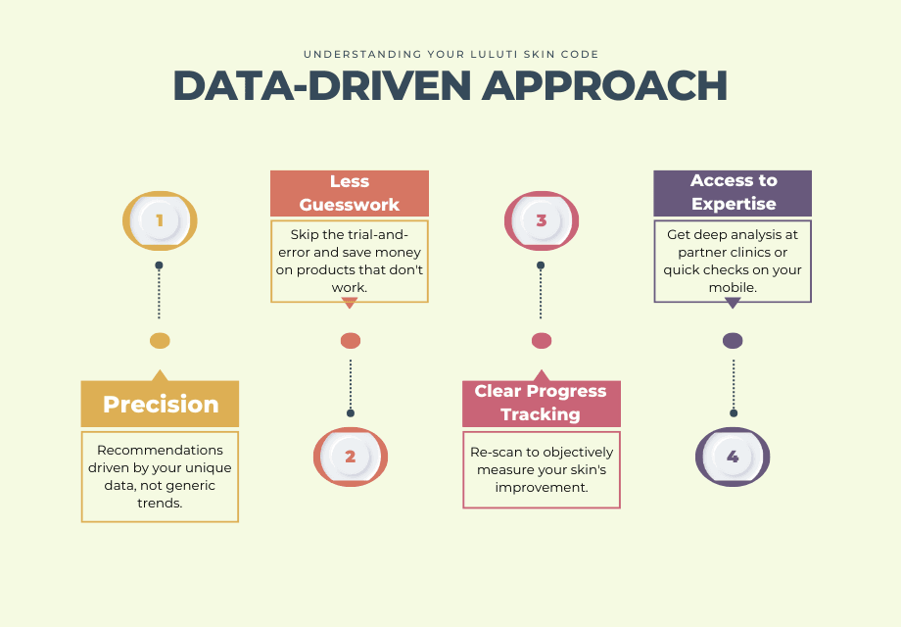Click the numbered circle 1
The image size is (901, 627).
coord(160,220)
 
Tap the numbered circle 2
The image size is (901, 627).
coord(351,457)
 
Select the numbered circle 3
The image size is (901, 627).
coord(542,220)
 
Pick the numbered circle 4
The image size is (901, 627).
coord(733,457)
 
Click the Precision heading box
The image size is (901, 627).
coord(160,404)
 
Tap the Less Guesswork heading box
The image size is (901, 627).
coord(350,193)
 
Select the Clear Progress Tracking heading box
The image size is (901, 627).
coord(542,404)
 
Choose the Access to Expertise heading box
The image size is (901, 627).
coord(733,193)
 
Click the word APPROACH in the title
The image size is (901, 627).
coord(604,85)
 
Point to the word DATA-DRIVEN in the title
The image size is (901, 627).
coord(322,85)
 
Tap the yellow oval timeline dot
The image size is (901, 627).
coord(160,341)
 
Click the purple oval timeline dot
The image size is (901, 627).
coord(733,341)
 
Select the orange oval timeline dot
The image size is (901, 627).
coord(351,341)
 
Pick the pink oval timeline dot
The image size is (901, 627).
coord(542,341)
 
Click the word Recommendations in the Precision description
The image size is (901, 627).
coord(160,450)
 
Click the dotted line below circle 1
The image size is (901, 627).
coord(160,291)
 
